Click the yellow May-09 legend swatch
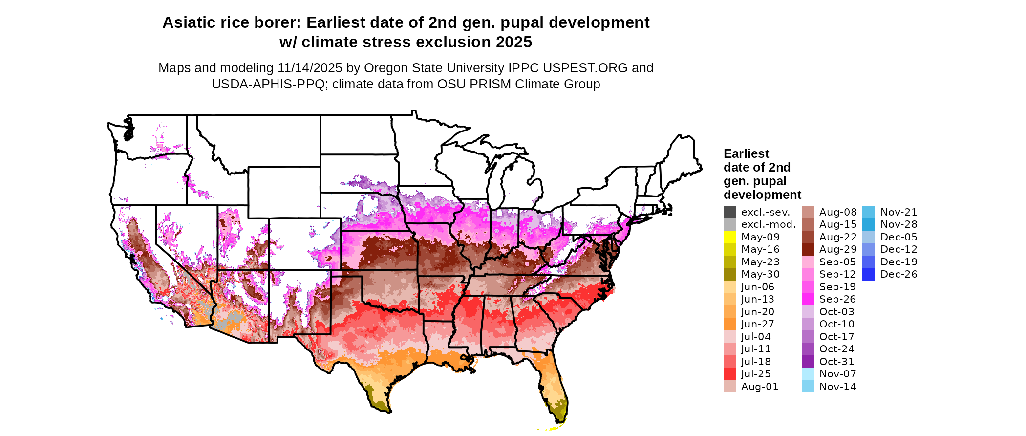729,237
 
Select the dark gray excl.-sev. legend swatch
729,212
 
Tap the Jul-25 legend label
756,374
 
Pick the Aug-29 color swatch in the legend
808,249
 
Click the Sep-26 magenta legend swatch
808,299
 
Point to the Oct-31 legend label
837,362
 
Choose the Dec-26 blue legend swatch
869,274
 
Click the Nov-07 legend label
837,374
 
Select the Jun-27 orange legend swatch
729,324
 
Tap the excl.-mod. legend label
768,224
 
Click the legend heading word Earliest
746,154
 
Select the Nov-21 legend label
898,212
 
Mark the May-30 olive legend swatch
729,274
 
